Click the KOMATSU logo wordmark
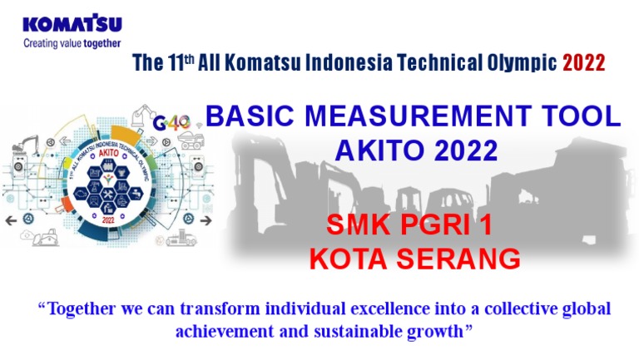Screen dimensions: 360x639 click(x=72, y=24)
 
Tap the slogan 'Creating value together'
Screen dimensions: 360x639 click(x=72, y=43)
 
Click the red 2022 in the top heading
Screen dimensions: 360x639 click(x=584, y=63)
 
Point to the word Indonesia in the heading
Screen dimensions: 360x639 click(x=340, y=63)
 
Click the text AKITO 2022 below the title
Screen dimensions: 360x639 click(x=415, y=150)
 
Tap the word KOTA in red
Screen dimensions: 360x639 click(x=348, y=259)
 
